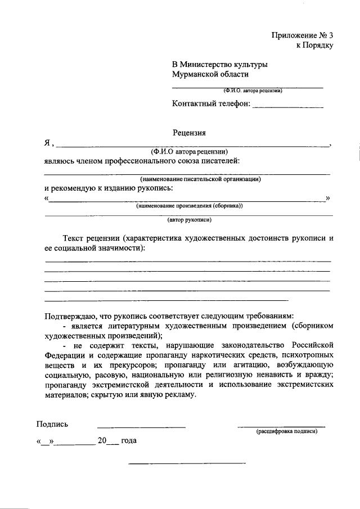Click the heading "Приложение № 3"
pos(303,34)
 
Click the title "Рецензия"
pos(189,133)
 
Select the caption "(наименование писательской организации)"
pos(189,179)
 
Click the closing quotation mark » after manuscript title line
pos(328,198)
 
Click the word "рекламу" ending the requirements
pos(179,395)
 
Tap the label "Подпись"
pos(52,424)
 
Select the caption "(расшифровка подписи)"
pos(286,431)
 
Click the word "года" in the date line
pos(128,441)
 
